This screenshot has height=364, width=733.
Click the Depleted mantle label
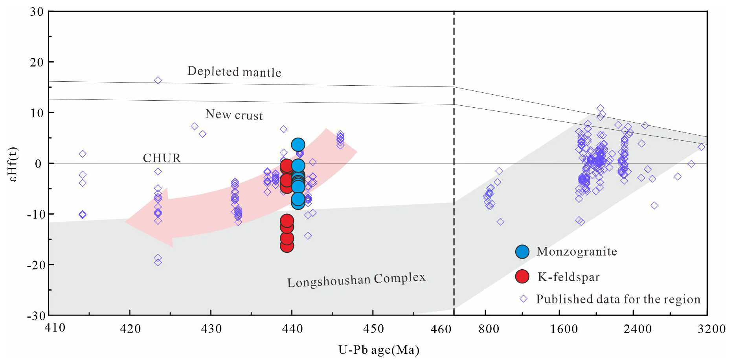point(234,72)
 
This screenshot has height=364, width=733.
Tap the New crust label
point(234,115)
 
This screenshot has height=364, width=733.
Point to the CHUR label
point(162,158)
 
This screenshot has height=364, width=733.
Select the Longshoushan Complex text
point(356,280)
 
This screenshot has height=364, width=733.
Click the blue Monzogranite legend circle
point(522,252)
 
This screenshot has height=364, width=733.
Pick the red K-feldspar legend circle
point(522,277)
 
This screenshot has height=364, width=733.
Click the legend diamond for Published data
point(523,299)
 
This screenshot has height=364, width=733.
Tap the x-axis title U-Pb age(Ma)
point(378,350)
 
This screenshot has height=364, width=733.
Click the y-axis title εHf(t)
point(13,164)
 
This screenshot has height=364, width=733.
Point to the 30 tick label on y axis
point(37,12)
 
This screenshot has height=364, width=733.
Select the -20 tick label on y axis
point(35,265)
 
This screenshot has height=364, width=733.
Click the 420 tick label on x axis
point(130,329)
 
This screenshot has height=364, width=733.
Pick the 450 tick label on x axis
point(373,329)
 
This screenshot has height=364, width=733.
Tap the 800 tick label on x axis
point(489,329)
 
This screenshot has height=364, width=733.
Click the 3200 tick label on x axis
point(711,329)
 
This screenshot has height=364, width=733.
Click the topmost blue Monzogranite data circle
point(298,145)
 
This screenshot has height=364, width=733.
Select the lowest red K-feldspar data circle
point(287,246)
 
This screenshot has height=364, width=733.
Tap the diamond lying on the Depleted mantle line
point(158,80)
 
